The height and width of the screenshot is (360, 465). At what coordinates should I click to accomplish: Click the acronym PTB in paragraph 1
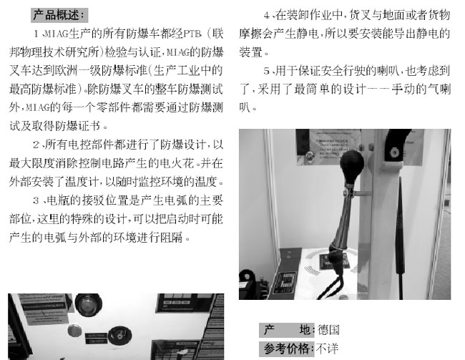tap(192, 34)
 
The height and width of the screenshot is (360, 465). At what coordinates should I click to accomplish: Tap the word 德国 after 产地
tap(328, 330)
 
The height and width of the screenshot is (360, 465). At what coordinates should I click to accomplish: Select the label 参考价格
tap(286, 349)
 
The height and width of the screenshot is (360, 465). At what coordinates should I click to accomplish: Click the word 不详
tap(327, 349)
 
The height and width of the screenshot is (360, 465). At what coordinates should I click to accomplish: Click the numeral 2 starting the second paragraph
tap(36, 145)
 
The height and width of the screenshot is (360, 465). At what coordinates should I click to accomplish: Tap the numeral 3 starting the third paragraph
tap(36, 200)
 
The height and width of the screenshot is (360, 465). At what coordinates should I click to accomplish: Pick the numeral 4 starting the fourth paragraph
tap(267, 16)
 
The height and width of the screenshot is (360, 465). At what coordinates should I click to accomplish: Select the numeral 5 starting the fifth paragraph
tap(267, 71)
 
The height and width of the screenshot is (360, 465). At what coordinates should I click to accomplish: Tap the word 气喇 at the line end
tap(439, 89)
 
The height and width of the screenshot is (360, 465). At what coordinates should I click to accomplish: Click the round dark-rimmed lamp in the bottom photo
tap(89, 304)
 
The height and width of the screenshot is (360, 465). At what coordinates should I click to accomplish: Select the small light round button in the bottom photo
tap(74, 331)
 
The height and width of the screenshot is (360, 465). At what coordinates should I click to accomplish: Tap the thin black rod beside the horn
tap(401, 238)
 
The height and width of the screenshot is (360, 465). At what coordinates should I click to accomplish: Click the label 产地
tap(286, 330)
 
